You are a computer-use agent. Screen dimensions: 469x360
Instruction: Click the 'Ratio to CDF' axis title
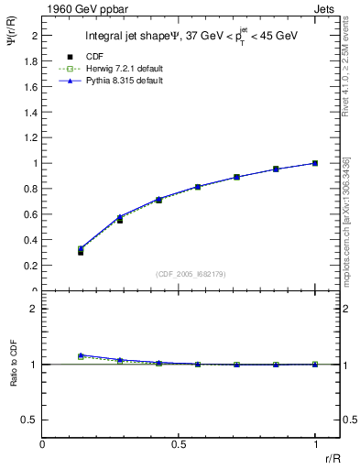(x=13, y=364)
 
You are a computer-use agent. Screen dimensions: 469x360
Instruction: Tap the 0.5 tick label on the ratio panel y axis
(x=31, y=420)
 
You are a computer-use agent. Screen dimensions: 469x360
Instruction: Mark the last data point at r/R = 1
(x=315, y=163)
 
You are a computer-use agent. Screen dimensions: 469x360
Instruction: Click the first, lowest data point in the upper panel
(x=81, y=251)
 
